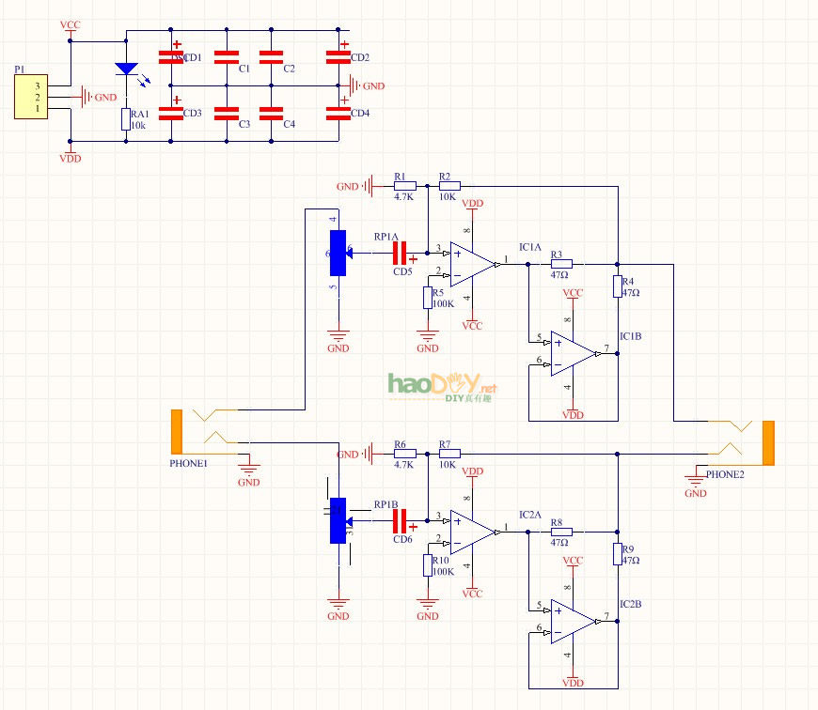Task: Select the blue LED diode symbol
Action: click(x=126, y=69)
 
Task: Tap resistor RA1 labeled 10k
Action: click(x=126, y=119)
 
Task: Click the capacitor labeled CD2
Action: click(x=338, y=57)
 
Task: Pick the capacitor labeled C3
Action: click(x=227, y=114)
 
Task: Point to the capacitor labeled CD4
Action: click(x=338, y=114)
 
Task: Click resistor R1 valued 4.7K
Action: click(x=404, y=186)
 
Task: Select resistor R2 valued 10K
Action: click(x=448, y=186)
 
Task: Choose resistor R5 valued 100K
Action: click(x=428, y=298)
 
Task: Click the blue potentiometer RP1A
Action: click(x=338, y=252)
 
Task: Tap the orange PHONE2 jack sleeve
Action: click(x=768, y=442)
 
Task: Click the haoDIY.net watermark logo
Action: click(x=441, y=385)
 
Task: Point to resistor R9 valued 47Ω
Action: click(x=618, y=554)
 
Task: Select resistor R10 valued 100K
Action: click(x=428, y=565)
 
